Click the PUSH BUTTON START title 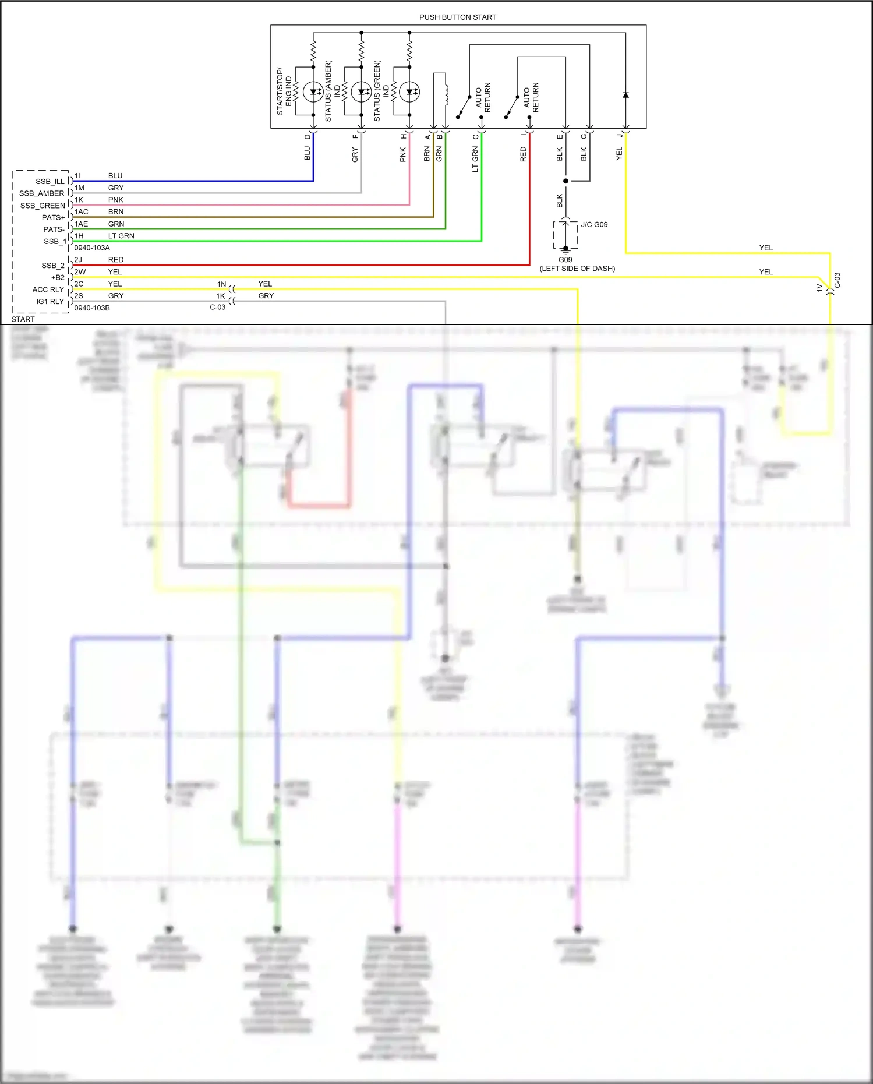click(457, 17)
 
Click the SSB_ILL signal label click(50, 182)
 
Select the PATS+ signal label click(54, 218)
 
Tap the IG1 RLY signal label click(50, 302)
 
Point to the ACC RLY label click(48, 289)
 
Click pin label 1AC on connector click(82, 212)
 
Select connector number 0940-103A click(92, 248)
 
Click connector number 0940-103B click(92, 308)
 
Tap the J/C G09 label click(594, 225)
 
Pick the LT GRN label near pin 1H click(121, 236)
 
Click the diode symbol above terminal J click(625, 95)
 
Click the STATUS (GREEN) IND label click(381, 91)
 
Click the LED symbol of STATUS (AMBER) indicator click(362, 91)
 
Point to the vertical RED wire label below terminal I click(523, 154)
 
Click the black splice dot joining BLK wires click(565, 181)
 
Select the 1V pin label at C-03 click(819, 288)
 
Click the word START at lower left click(23, 319)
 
